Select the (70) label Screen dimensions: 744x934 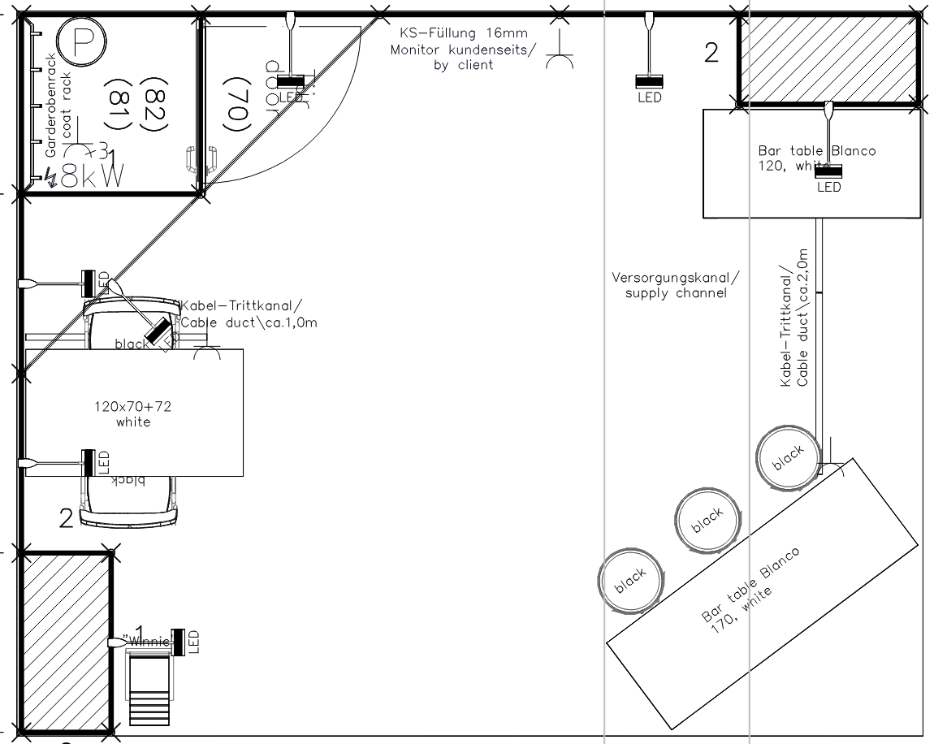coord(235,105)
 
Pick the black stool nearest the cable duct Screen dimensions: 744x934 coord(786,456)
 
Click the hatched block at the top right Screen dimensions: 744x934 coord(828,59)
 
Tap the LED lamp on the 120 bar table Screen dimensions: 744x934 coord(829,171)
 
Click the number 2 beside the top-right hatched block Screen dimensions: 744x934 coord(711,54)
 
